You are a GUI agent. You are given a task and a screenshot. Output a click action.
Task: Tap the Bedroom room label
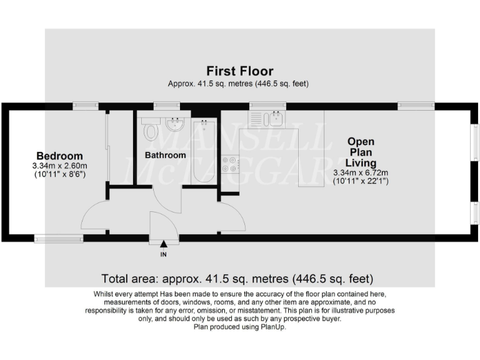(59, 156)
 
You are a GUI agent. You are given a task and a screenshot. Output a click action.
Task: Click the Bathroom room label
(166, 155)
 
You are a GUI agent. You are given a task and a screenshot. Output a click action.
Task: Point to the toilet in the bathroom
(151, 131)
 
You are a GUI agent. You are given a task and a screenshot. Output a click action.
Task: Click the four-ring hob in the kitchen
(230, 164)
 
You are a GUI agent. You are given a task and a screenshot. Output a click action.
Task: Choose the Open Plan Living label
(361, 152)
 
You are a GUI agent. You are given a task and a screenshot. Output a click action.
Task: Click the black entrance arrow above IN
(164, 244)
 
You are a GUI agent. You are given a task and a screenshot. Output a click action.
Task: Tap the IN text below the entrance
(164, 254)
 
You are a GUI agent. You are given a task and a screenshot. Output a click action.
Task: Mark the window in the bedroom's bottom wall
(59, 237)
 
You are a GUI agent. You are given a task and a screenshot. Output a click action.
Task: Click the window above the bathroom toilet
(167, 106)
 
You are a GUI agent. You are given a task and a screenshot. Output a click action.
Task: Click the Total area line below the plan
(237, 278)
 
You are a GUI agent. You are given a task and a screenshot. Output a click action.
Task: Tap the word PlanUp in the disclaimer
(272, 327)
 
